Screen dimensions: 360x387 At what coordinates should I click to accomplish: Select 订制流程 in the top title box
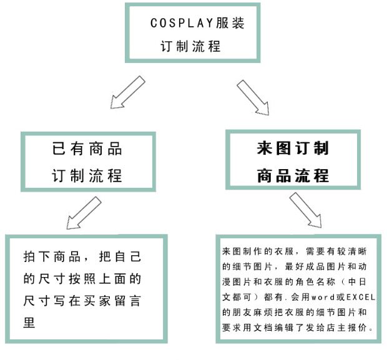(x=191, y=46)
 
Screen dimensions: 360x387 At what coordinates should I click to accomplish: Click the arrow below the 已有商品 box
(x=82, y=213)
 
